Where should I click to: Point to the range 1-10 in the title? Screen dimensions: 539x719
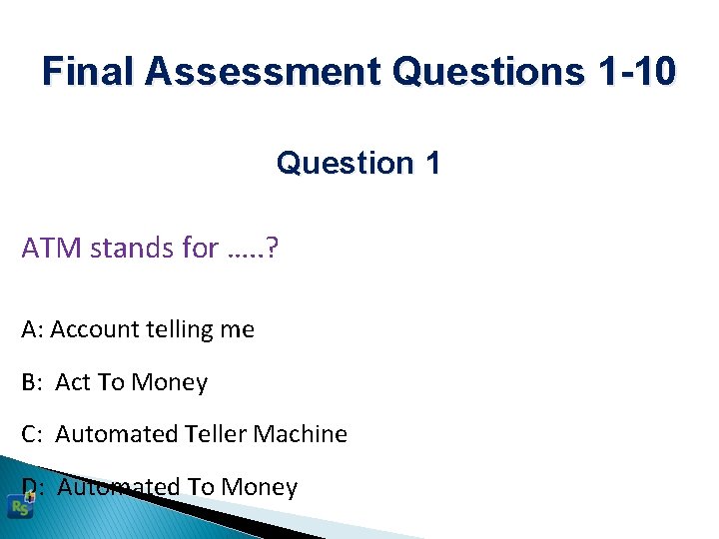[635, 72]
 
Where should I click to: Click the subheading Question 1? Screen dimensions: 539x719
[358, 163]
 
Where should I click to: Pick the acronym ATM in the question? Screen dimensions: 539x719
[52, 248]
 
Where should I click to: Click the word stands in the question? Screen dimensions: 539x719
[124, 248]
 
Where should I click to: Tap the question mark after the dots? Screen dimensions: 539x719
[274, 248]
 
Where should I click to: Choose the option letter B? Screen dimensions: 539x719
[29, 382]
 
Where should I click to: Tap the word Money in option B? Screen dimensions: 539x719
[170, 382]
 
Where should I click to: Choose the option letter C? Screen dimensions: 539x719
[29, 434]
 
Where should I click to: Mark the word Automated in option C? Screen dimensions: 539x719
[117, 434]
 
